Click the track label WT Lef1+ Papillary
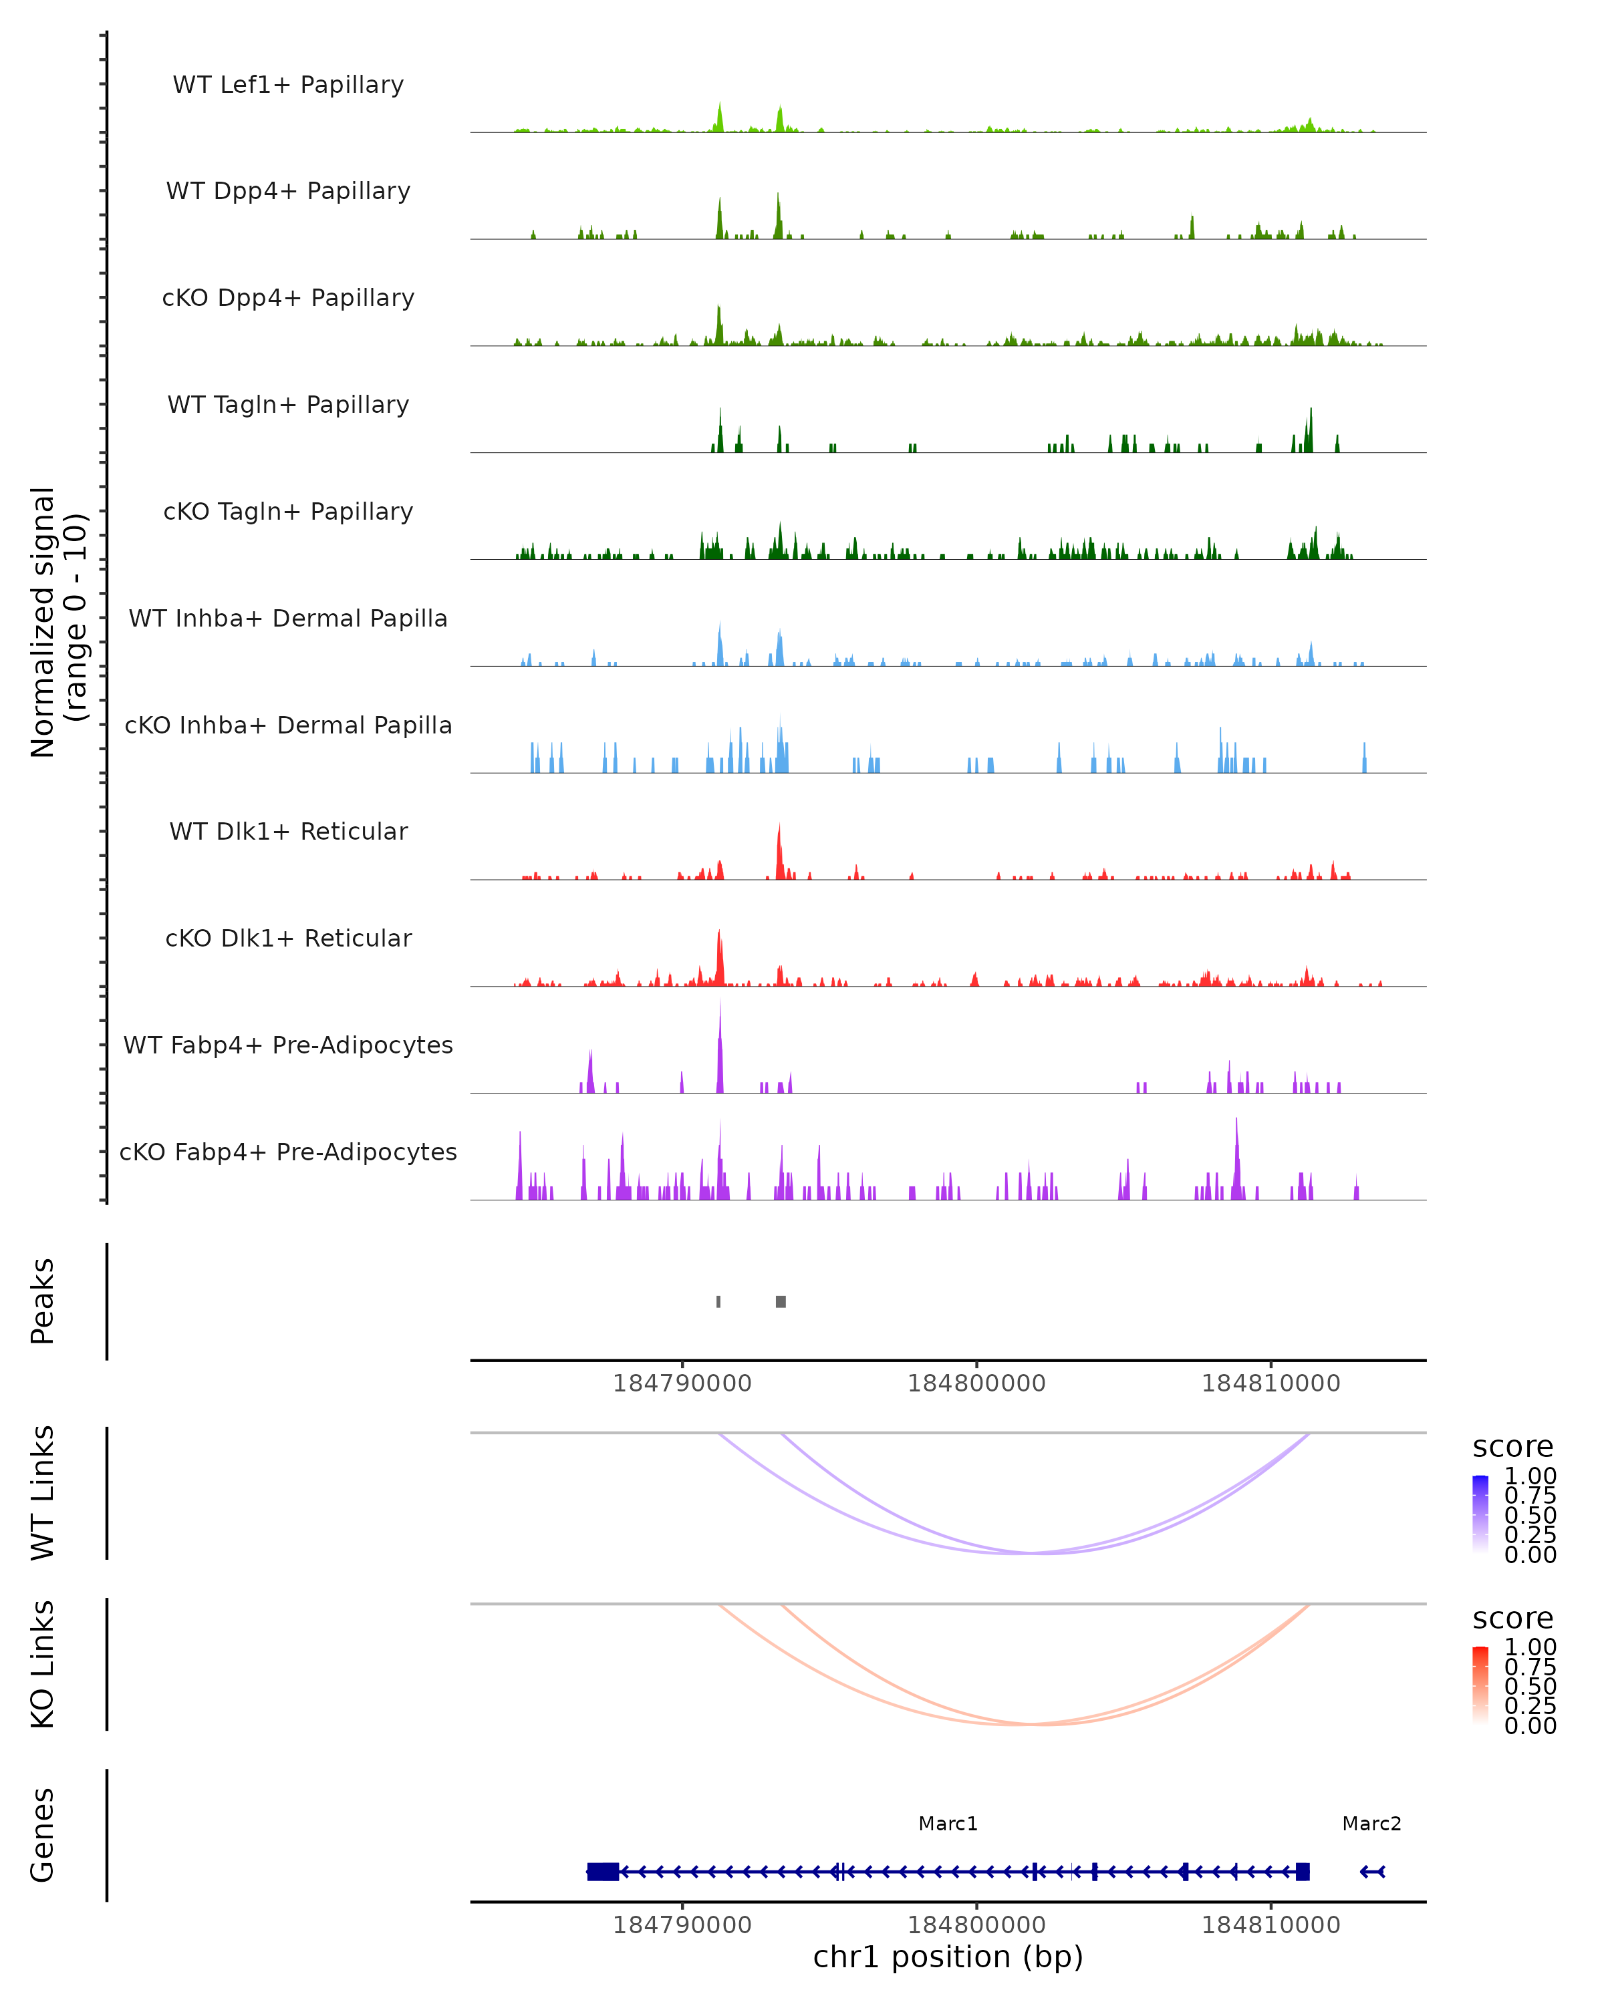pos(288,85)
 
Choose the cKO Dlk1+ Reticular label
pos(288,938)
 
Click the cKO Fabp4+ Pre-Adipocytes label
pos(288,1152)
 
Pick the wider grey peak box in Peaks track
pos(781,1301)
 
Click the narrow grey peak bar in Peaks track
pos(718,1301)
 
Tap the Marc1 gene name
pos(948,1824)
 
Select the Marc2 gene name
pos(1371,1824)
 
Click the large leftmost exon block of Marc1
pos(604,1872)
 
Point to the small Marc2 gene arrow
pos(1373,1872)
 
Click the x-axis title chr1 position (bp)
pos(948,1957)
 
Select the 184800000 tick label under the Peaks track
pos(976,1383)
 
